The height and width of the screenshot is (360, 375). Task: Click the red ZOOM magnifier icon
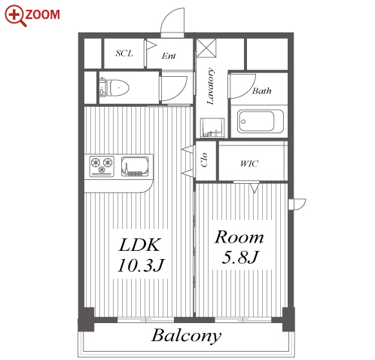click(14, 15)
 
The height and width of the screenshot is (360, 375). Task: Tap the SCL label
click(124, 53)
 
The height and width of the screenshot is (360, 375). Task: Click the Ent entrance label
click(169, 56)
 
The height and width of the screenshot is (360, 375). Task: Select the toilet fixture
click(114, 87)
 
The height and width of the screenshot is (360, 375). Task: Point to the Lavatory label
click(210, 86)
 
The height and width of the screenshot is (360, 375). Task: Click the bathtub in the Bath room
click(261, 121)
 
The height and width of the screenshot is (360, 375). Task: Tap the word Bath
click(261, 90)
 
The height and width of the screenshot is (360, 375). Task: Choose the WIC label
click(249, 163)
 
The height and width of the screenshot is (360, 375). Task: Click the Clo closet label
click(204, 160)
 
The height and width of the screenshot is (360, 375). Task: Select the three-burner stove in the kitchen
click(102, 166)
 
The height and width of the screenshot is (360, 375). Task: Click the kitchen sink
click(135, 166)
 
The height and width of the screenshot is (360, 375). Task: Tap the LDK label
click(139, 245)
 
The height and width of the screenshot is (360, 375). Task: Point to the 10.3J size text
click(141, 265)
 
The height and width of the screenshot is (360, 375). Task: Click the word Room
click(239, 237)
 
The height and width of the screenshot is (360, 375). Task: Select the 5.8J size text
click(240, 257)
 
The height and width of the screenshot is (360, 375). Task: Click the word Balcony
click(186, 336)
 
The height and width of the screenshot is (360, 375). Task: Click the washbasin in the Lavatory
click(212, 127)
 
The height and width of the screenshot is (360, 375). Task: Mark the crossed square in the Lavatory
click(206, 48)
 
